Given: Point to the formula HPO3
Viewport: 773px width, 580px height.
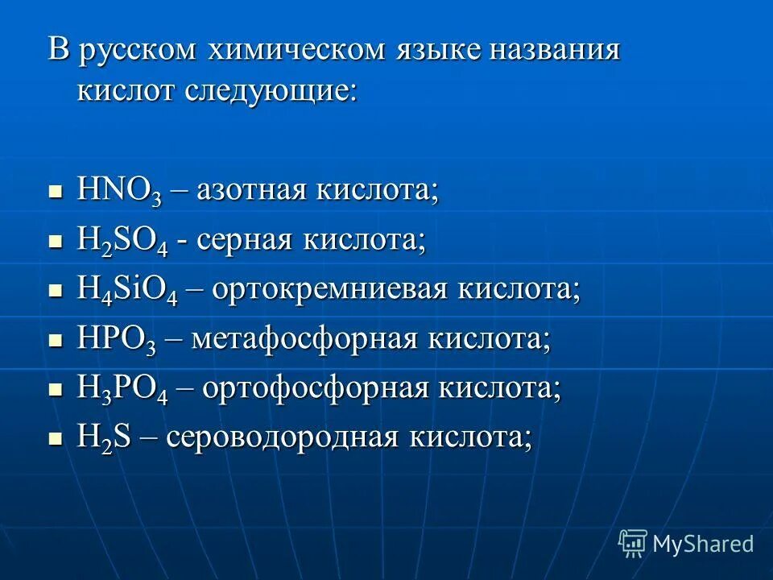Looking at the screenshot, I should coord(116,339).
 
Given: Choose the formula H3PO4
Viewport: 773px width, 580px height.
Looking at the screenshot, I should coord(122,389).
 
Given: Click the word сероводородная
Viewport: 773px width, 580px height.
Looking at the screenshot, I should coord(283,438).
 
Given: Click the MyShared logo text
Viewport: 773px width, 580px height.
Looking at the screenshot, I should coord(703,544).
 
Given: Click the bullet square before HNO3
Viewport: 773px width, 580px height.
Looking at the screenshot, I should coord(56,193).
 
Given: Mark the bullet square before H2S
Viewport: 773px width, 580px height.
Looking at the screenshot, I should coord(56,440).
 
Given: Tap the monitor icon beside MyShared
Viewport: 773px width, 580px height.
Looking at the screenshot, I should coord(633,543).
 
